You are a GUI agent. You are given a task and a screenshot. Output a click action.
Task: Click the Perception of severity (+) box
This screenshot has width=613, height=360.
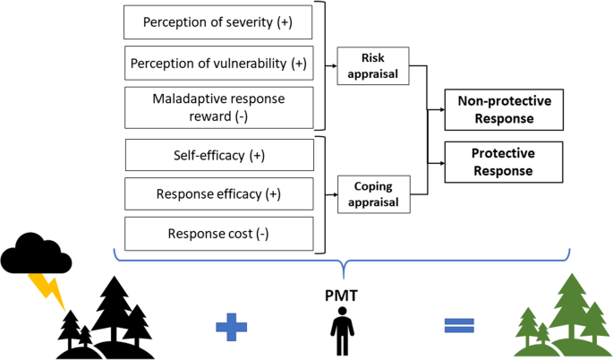click(x=218, y=20)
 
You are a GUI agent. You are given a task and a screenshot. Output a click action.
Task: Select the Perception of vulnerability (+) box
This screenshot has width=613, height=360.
click(x=218, y=64)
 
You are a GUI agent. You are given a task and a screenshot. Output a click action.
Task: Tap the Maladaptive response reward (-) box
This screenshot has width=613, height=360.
click(x=218, y=107)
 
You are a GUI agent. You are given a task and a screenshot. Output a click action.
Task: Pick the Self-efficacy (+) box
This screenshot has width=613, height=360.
click(x=218, y=156)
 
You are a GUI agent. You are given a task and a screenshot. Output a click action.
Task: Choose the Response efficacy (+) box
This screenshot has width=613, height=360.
click(x=218, y=194)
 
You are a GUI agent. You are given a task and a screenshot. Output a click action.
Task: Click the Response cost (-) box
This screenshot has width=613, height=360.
click(x=218, y=234)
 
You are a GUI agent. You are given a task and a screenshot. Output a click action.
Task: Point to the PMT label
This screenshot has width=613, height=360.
click(x=343, y=293)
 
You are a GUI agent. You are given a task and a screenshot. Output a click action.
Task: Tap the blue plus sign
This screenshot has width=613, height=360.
click(x=232, y=326)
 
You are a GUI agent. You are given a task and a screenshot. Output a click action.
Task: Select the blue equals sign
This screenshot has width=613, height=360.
click(x=458, y=326)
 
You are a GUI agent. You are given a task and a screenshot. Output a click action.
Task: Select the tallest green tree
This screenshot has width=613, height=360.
click(x=569, y=309)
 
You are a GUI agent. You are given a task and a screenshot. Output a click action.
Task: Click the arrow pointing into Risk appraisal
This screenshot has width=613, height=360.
click(x=331, y=65)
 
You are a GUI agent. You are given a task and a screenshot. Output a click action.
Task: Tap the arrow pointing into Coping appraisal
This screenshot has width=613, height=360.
click(x=331, y=194)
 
